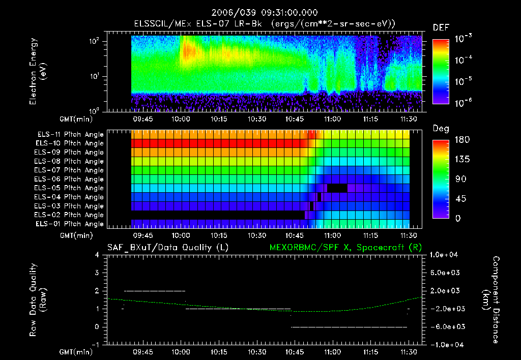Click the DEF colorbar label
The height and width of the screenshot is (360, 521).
(x=441, y=28)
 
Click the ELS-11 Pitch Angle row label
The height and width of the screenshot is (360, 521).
(x=70, y=134)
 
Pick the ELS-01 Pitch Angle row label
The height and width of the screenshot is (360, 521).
(x=70, y=224)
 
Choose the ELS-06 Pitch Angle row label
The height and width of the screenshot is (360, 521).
(x=70, y=179)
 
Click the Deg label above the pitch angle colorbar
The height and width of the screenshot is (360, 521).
(x=441, y=129)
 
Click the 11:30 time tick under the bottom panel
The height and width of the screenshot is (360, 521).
(x=409, y=351)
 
